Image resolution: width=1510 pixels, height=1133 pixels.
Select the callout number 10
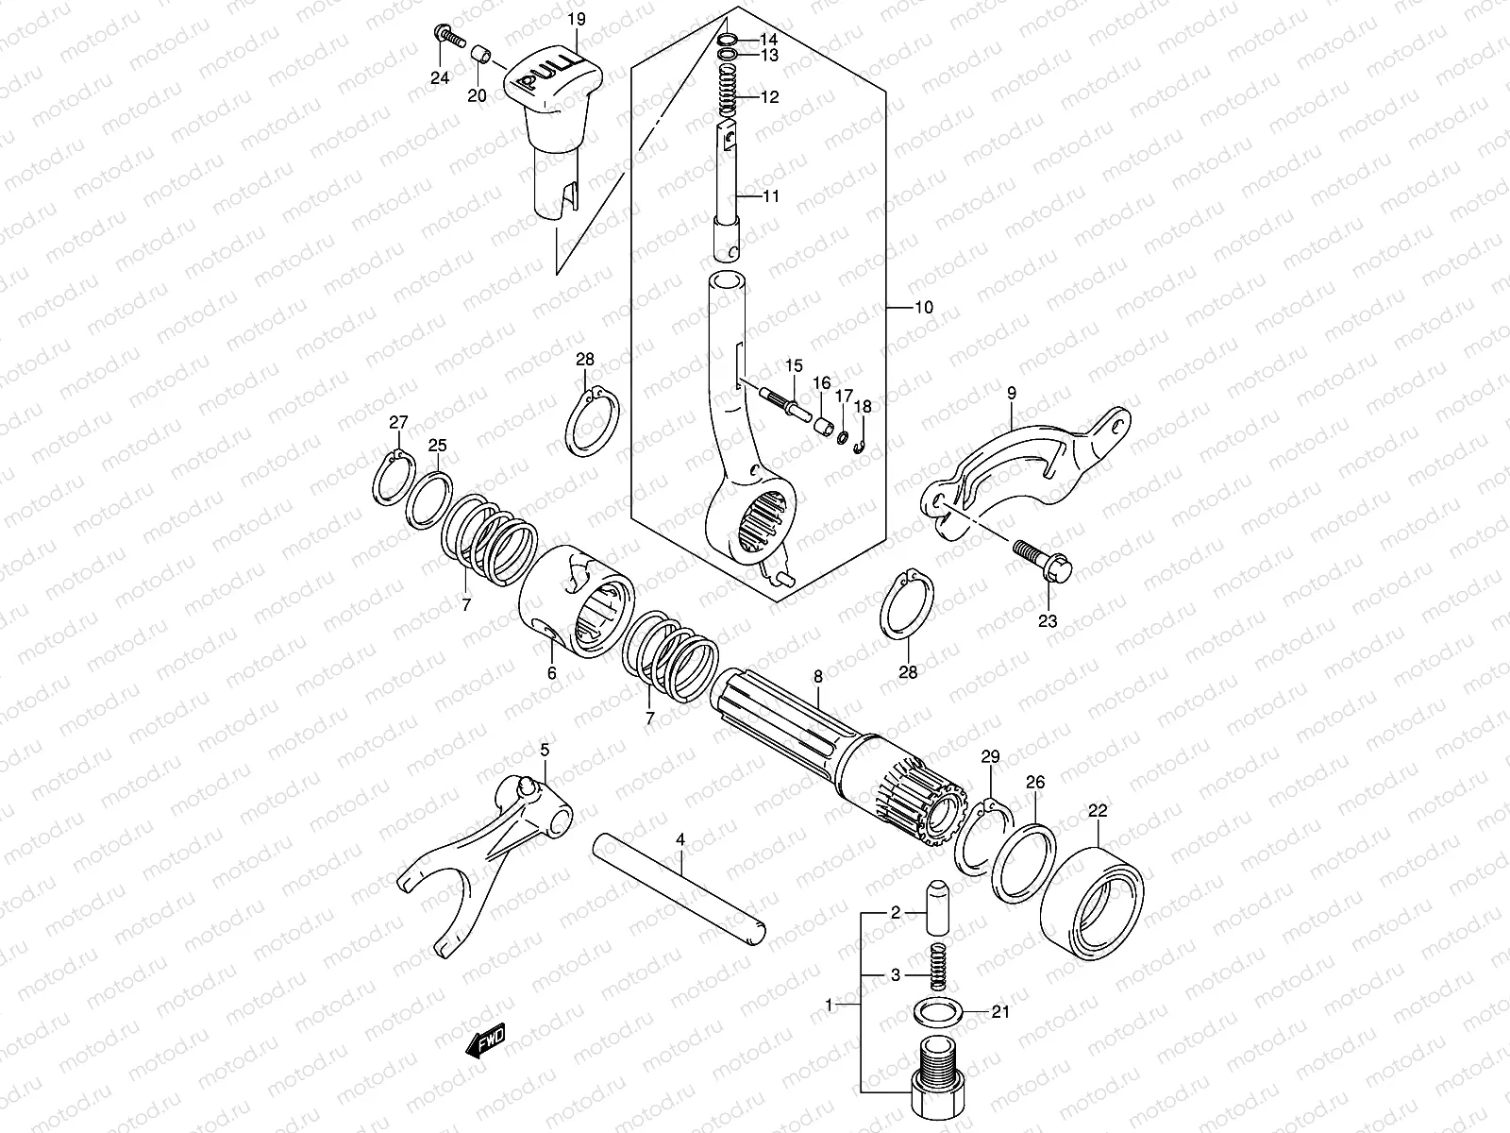[923, 308]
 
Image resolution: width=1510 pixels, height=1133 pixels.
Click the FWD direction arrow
[486, 1040]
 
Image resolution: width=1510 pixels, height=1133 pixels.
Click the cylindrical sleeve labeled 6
[578, 600]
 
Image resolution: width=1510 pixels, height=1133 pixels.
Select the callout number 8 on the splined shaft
[817, 676]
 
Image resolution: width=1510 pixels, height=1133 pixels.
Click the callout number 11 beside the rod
[771, 197]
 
